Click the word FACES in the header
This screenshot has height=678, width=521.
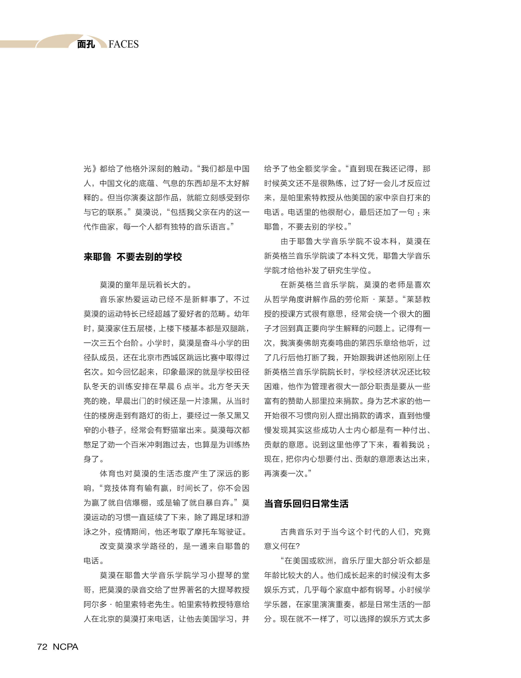click(124, 44)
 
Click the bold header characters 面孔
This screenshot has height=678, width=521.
click(86, 44)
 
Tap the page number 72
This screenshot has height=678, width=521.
click(42, 647)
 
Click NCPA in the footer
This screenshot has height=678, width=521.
click(65, 647)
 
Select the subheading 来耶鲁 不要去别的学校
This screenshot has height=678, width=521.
click(133, 257)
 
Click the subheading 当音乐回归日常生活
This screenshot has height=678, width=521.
click(306, 504)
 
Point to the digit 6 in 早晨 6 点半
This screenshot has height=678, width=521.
click(179, 387)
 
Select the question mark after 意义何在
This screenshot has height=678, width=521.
click(297, 546)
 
